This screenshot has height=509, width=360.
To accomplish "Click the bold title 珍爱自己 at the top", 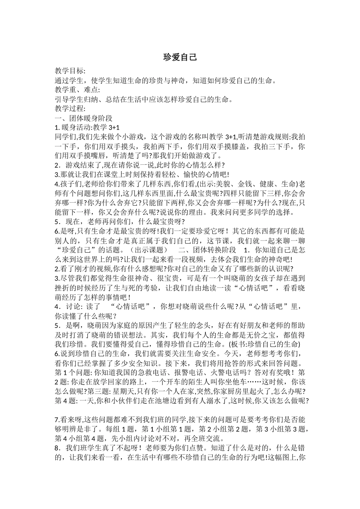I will [x=180, y=58].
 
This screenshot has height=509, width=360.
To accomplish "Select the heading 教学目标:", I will [x=70, y=71].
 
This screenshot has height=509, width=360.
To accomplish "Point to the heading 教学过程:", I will [x=70, y=109].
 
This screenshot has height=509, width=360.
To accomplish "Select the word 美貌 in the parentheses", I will [x=224, y=184].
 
